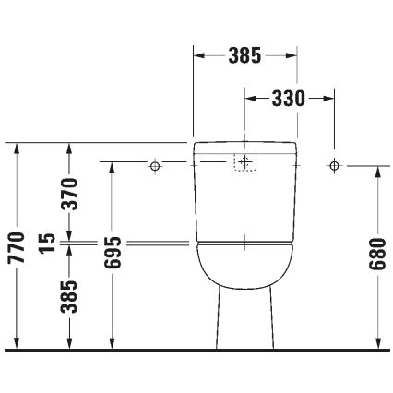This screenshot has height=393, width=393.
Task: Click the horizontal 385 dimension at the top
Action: (x=244, y=55)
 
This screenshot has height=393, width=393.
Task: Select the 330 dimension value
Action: (x=288, y=97)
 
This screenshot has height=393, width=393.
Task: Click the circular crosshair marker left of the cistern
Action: (x=155, y=165)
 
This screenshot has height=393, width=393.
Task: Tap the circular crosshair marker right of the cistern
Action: (x=333, y=165)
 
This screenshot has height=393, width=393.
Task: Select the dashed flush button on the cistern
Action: (x=244, y=163)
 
